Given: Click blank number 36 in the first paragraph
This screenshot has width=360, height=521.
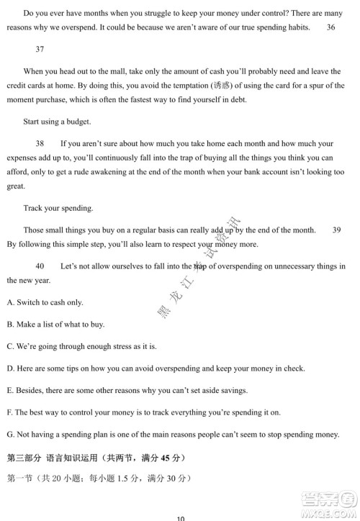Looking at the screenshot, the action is [330, 27].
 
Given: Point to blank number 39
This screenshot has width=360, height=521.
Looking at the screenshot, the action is [337, 230].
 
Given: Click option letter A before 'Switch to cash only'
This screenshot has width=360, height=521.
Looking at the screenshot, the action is [9, 302].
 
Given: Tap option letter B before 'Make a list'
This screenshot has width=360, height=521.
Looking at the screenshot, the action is [9, 325].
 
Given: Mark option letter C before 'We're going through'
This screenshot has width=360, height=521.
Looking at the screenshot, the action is [9, 346].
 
